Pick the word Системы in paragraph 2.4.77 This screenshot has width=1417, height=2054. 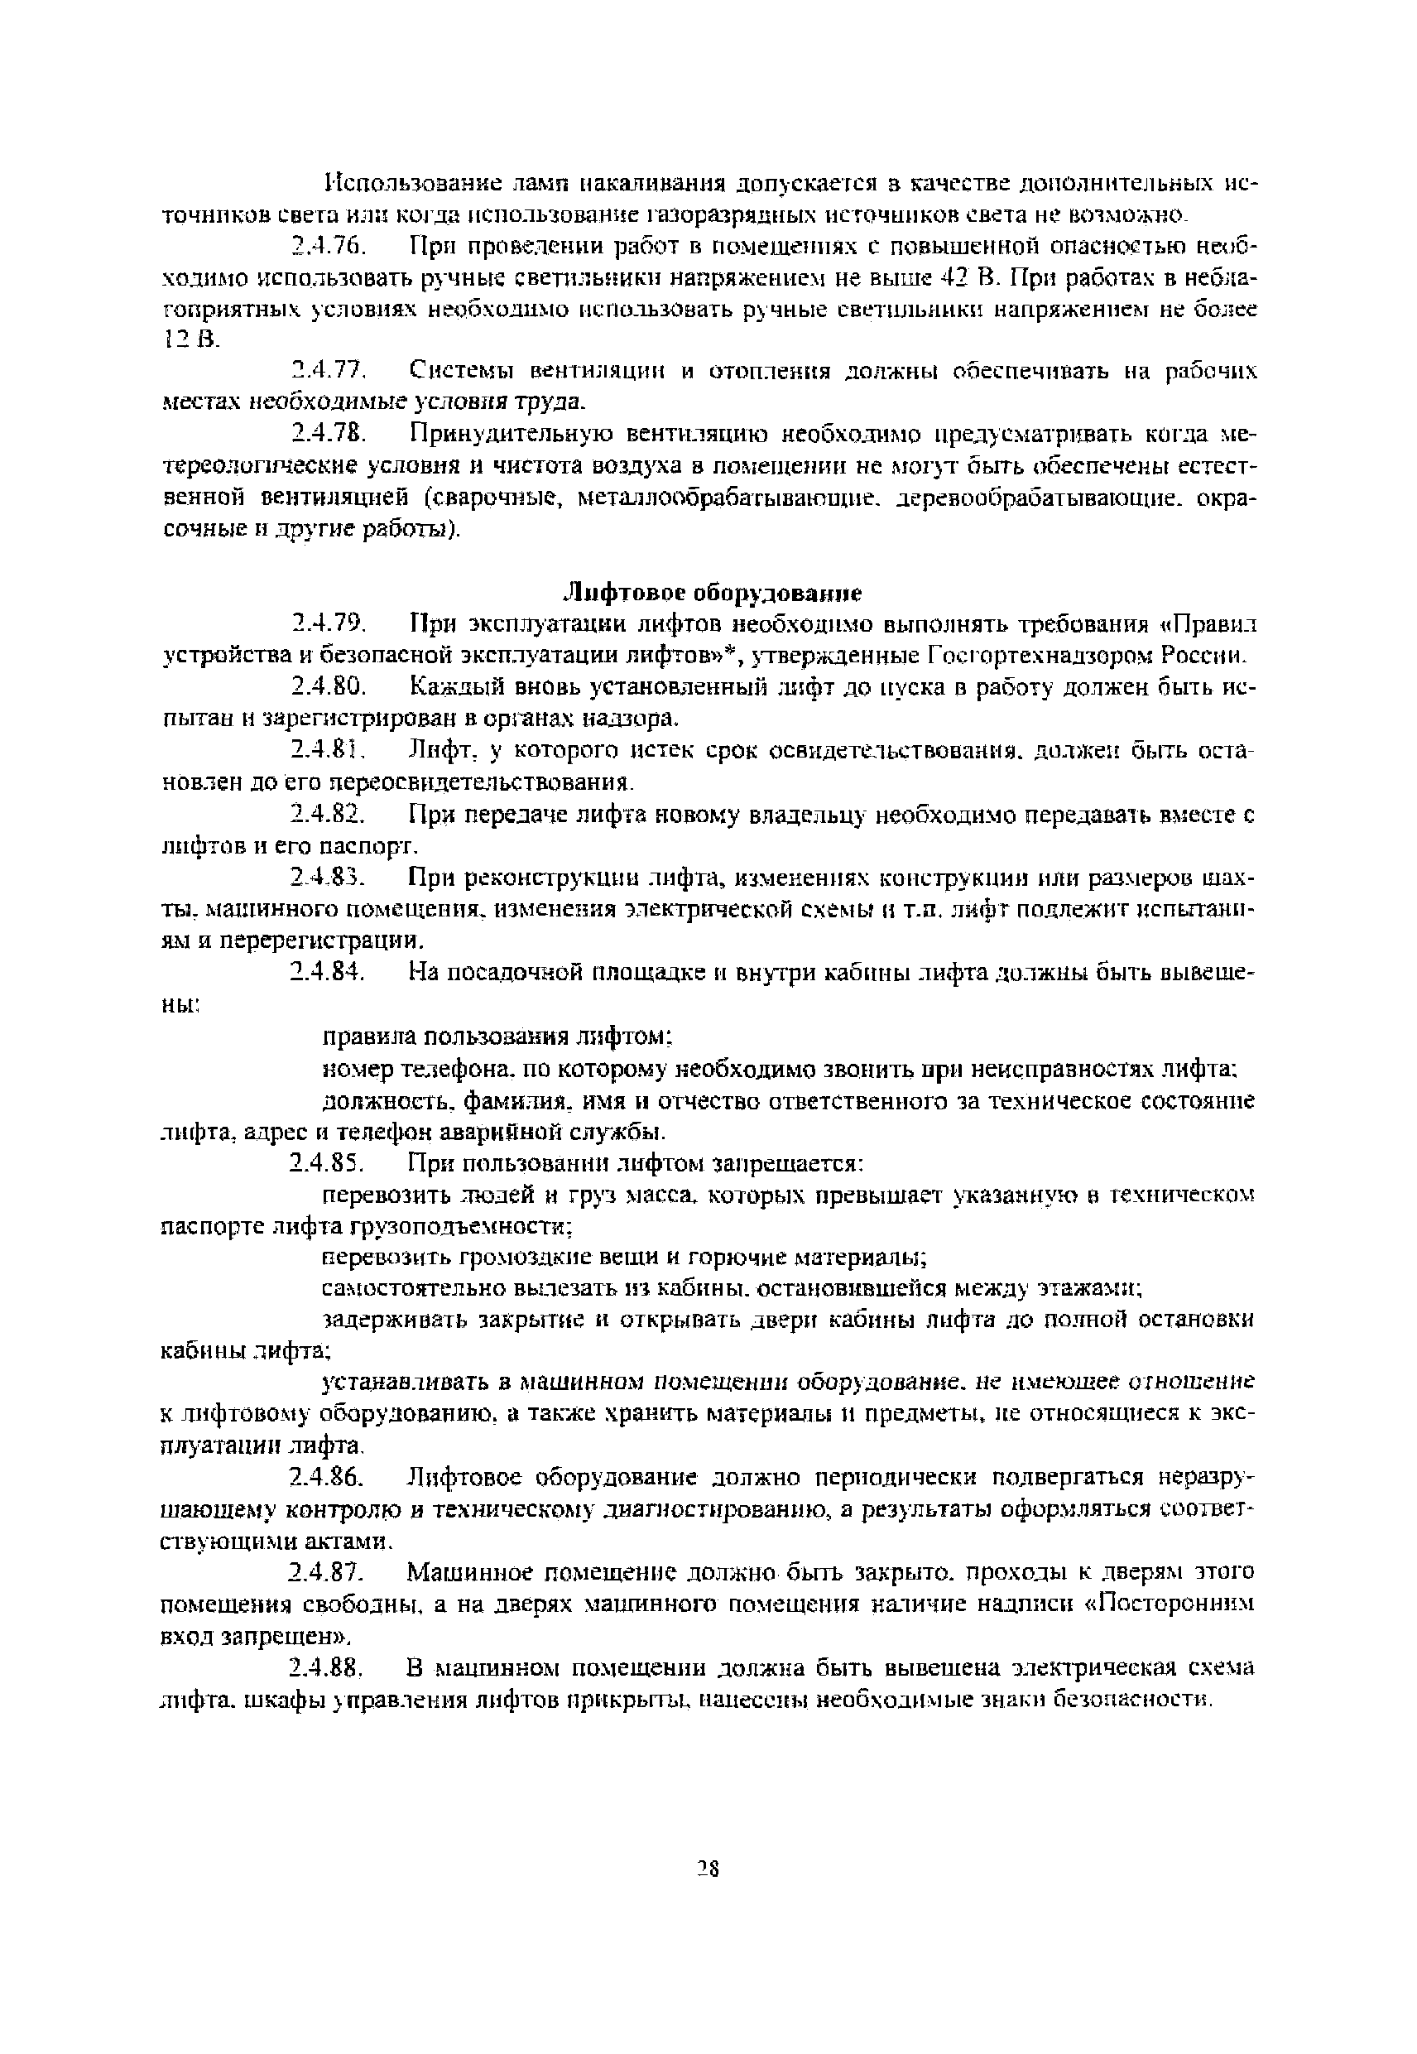460,370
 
